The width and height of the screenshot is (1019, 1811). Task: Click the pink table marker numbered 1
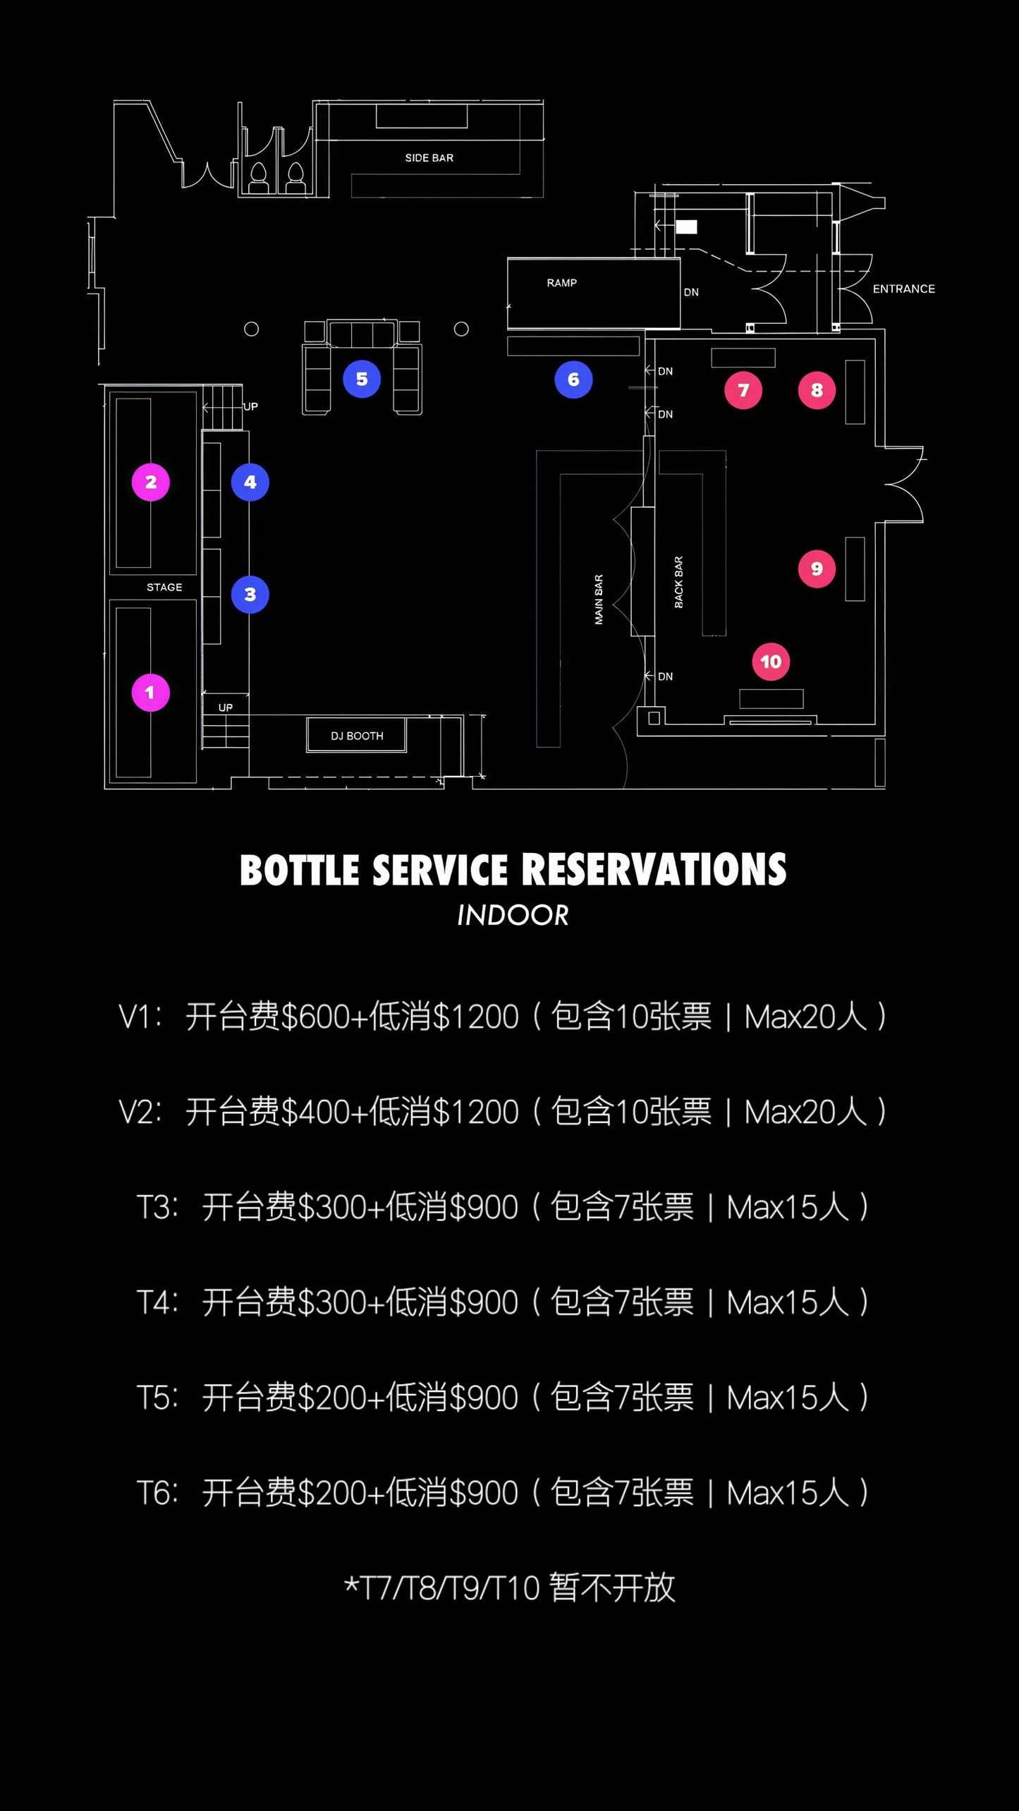(x=150, y=693)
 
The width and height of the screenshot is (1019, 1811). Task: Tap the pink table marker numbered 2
(x=151, y=483)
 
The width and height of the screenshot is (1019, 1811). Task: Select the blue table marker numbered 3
(x=250, y=595)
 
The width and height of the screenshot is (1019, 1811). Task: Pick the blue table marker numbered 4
(x=250, y=483)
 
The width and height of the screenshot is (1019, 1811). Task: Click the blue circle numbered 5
(x=362, y=380)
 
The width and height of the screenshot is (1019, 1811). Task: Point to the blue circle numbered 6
(x=573, y=380)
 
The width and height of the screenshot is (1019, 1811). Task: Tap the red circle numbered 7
(x=743, y=390)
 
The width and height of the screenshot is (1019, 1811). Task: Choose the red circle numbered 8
(x=817, y=390)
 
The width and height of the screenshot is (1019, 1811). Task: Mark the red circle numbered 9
(x=817, y=569)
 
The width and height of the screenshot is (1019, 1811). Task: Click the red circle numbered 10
(x=771, y=662)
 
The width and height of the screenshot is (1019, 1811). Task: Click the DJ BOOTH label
(x=357, y=736)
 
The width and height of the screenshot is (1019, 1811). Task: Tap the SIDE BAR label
(x=429, y=158)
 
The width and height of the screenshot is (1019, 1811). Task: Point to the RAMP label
(x=561, y=283)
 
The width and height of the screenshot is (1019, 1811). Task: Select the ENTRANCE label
(x=903, y=289)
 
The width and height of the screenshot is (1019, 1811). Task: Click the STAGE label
(x=164, y=587)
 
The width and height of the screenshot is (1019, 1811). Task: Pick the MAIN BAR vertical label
(x=599, y=600)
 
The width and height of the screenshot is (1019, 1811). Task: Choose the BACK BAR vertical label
(x=678, y=582)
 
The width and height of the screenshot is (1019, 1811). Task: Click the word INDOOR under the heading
(x=513, y=916)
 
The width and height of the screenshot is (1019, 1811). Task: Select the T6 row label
(x=157, y=1493)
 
